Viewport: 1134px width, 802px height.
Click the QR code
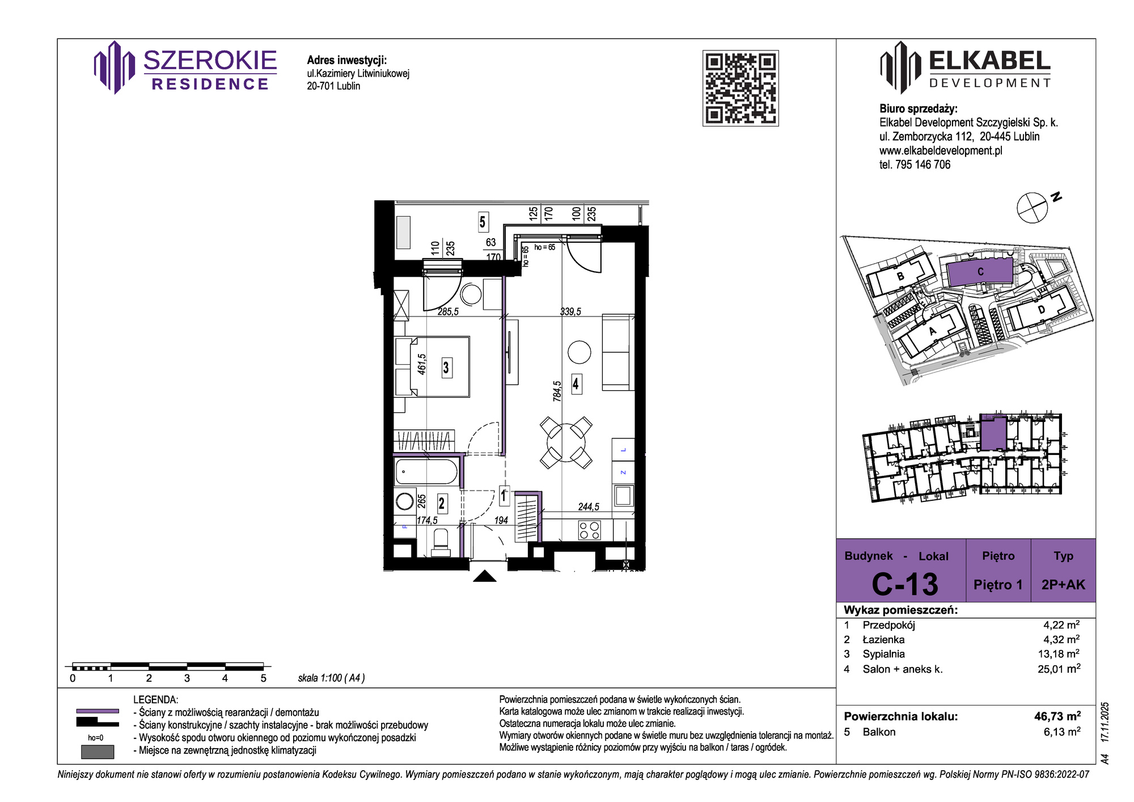[741, 88]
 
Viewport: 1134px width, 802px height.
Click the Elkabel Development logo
[965, 67]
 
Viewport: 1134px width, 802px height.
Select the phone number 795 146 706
[923, 164]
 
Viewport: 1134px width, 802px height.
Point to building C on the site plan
[980, 272]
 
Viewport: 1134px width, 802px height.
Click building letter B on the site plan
[900, 277]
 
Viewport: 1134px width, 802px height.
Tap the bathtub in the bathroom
[426, 471]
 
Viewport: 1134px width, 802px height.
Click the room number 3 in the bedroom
[446, 368]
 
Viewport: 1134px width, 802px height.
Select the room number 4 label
[576, 384]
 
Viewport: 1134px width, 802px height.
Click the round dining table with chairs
[566, 442]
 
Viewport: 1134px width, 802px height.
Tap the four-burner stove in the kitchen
[589, 530]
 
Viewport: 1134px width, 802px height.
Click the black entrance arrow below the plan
[485, 576]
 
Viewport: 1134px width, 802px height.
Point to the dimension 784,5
[557, 391]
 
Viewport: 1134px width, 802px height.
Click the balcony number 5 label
[483, 222]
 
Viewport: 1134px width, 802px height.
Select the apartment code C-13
[904, 584]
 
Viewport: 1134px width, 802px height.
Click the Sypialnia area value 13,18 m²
[1059, 654]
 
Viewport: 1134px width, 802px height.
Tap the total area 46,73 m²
[1057, 716]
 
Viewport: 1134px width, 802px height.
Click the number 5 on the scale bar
[263, 678]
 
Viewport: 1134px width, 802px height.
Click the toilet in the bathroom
[441, 542]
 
